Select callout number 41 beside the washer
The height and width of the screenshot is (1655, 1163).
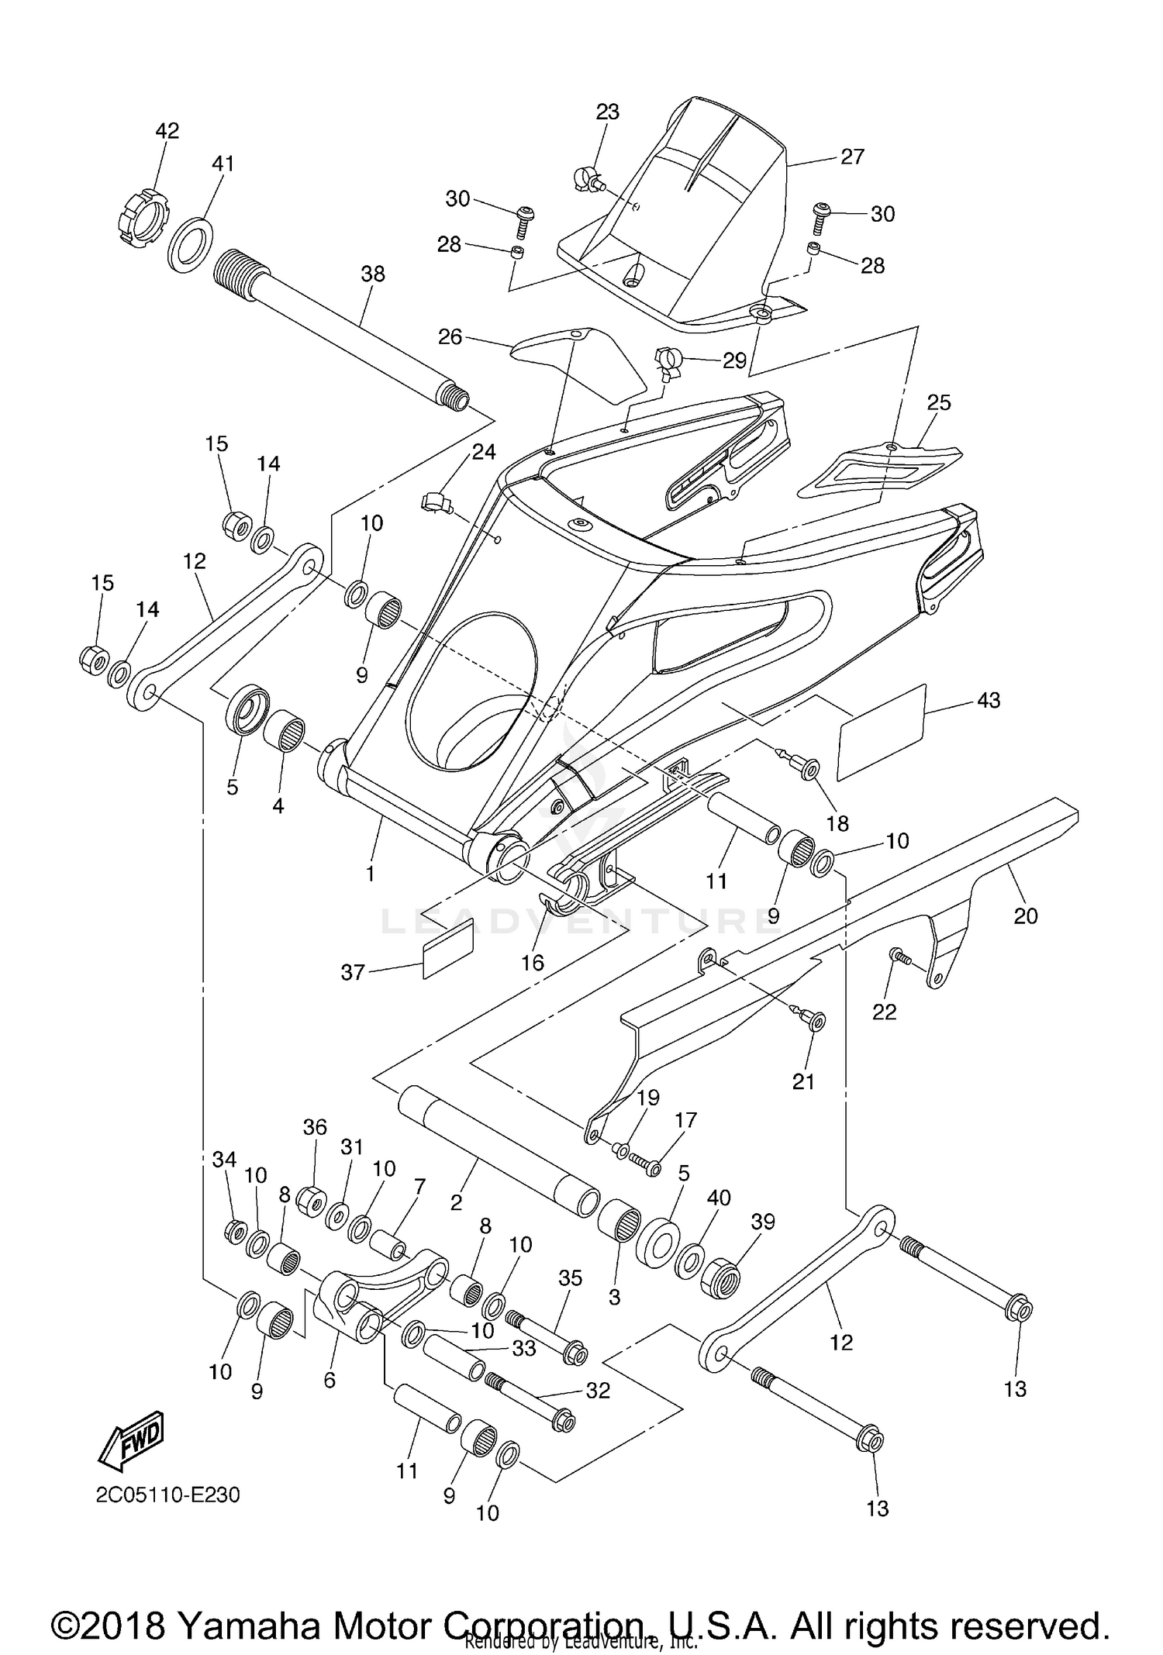click(x=223, y=164)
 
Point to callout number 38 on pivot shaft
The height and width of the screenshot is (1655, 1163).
click(x=372, y=274)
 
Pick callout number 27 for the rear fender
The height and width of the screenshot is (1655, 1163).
click(x=852, y=157)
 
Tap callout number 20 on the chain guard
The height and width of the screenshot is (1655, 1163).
click(x=1025, y=916)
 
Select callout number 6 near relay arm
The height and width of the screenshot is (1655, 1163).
click(x=330, y=1381)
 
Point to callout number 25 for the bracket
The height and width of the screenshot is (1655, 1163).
click(x=938, y=402)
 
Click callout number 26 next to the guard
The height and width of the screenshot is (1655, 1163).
click(x=450, y=337)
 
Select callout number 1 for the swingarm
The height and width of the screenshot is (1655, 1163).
click(x=370, y=874)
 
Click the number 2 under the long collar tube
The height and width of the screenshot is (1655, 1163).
click(x=456, y=1202)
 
